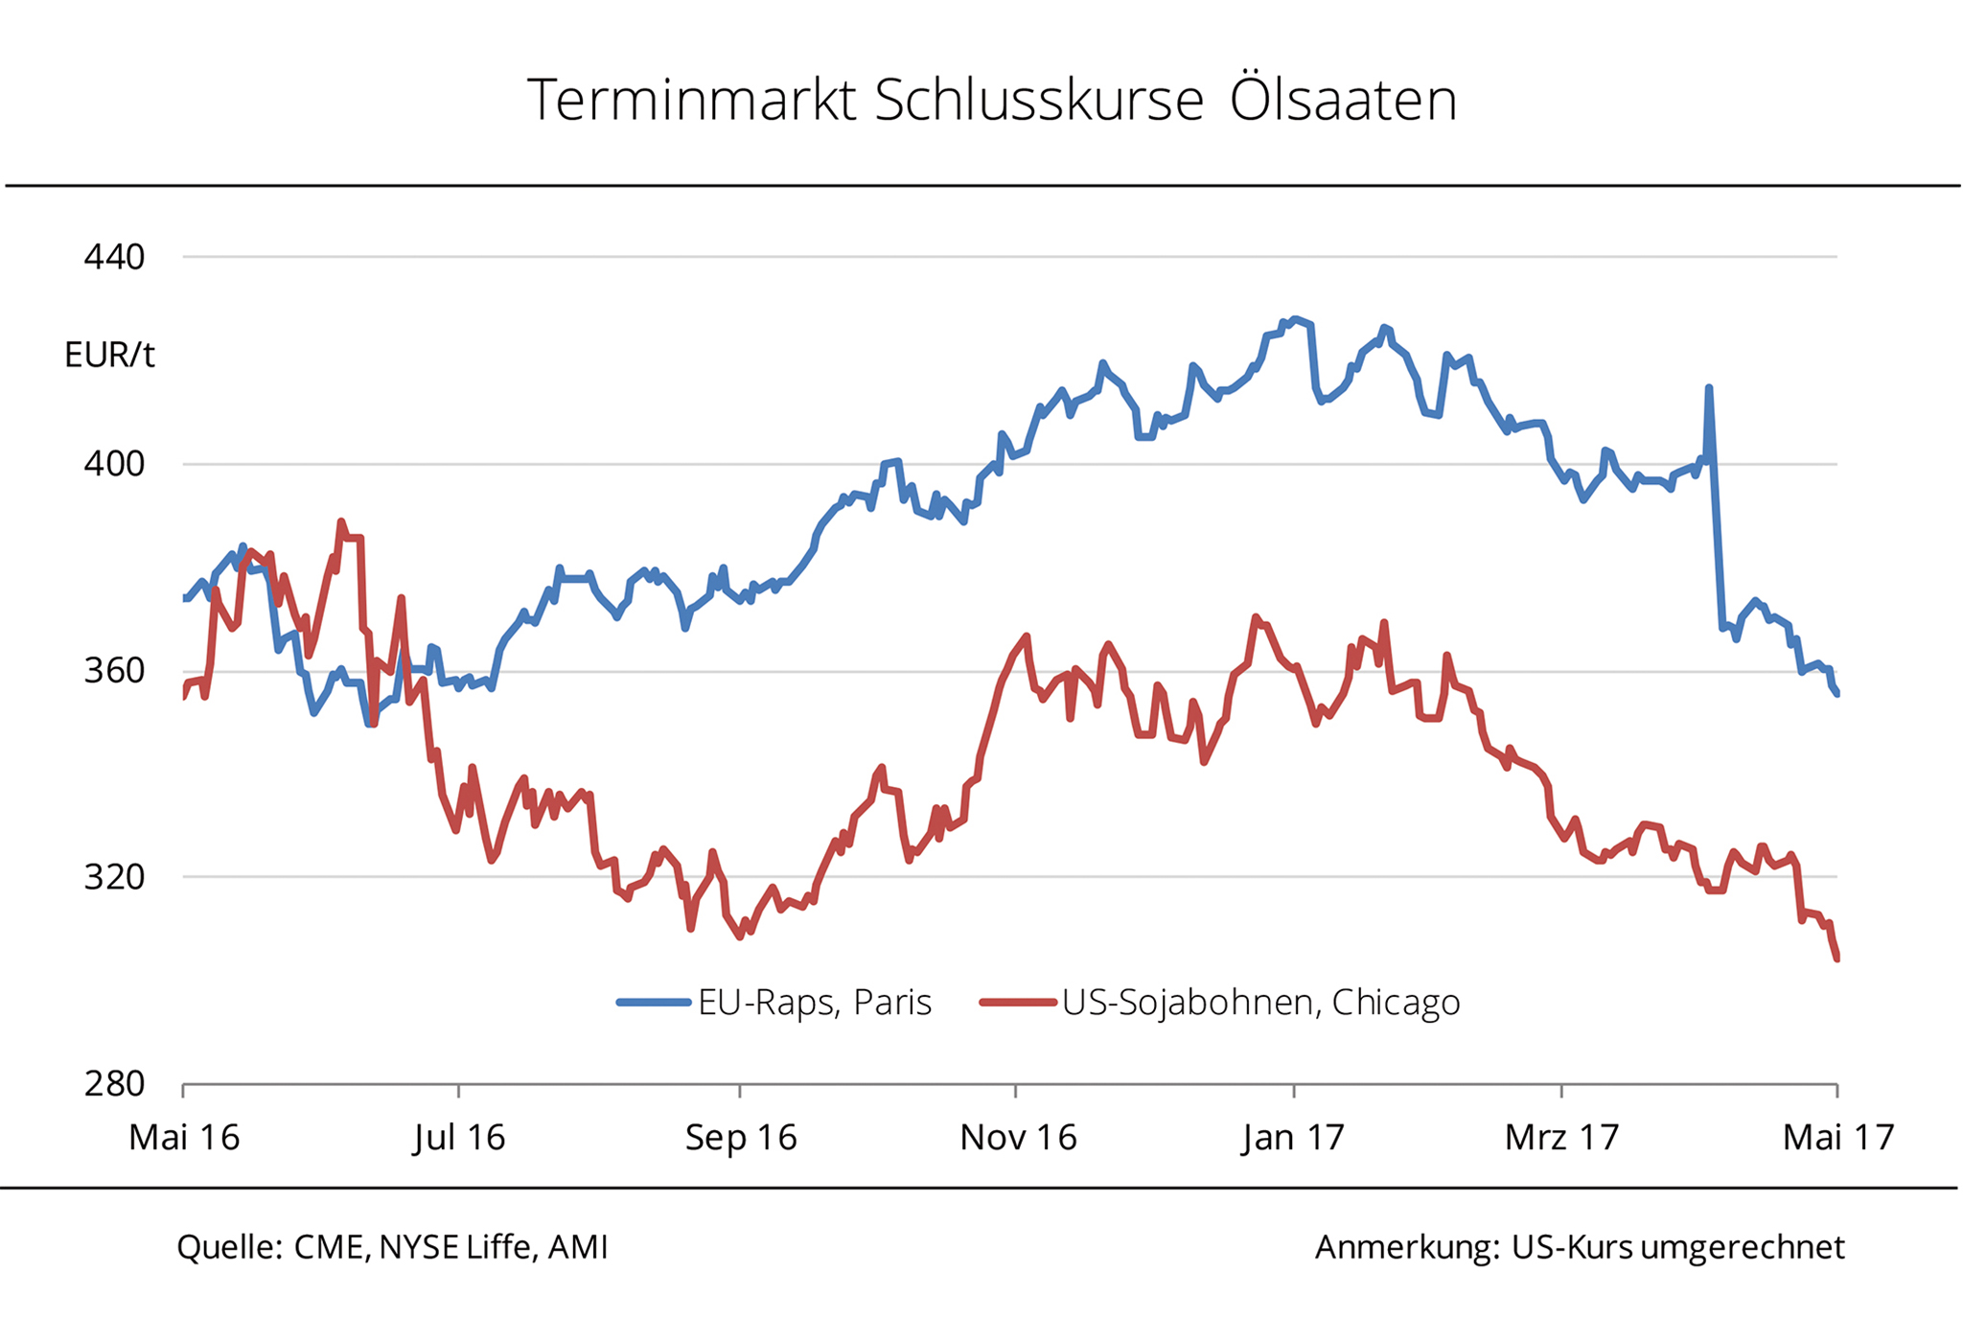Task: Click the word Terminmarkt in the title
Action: [691, 100]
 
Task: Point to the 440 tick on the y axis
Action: [114, 257]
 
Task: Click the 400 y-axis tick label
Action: [114, 464]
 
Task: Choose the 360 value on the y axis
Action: [114, 670]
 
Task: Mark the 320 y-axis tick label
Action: [114, 877]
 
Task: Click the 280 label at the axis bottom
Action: [114, 1084]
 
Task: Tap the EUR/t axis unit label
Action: [109, 356]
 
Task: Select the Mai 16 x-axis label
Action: [184, 1138]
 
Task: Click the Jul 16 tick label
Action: [459, 1138]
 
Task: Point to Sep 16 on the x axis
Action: [741, 1138]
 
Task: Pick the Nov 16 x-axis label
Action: [1018, 1138]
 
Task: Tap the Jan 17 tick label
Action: [1293, 1138]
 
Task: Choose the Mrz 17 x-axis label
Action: [1561, 1138]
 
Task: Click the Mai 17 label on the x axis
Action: [1837, 1138]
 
